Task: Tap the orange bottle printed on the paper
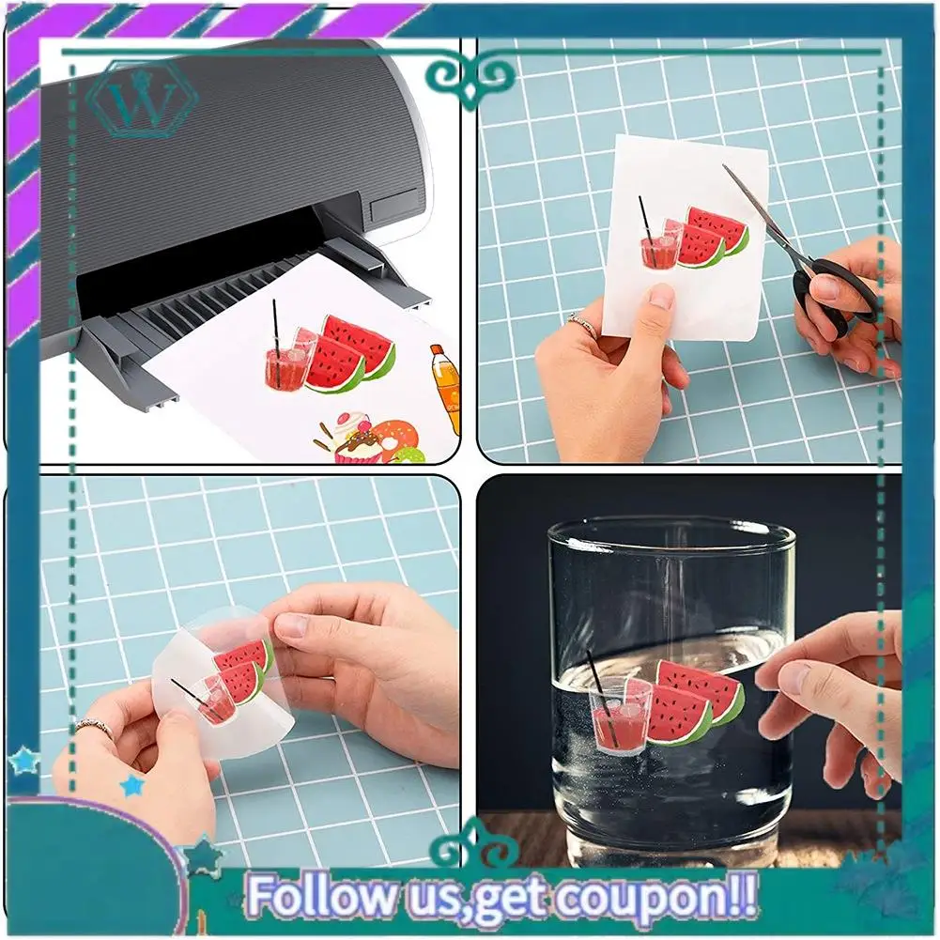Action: point(446,387)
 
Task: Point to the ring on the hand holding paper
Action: point(582,325)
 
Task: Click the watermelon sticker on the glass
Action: point(695,701)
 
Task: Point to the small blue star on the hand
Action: point(132,785)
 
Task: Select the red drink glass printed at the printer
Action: point(287,362)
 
